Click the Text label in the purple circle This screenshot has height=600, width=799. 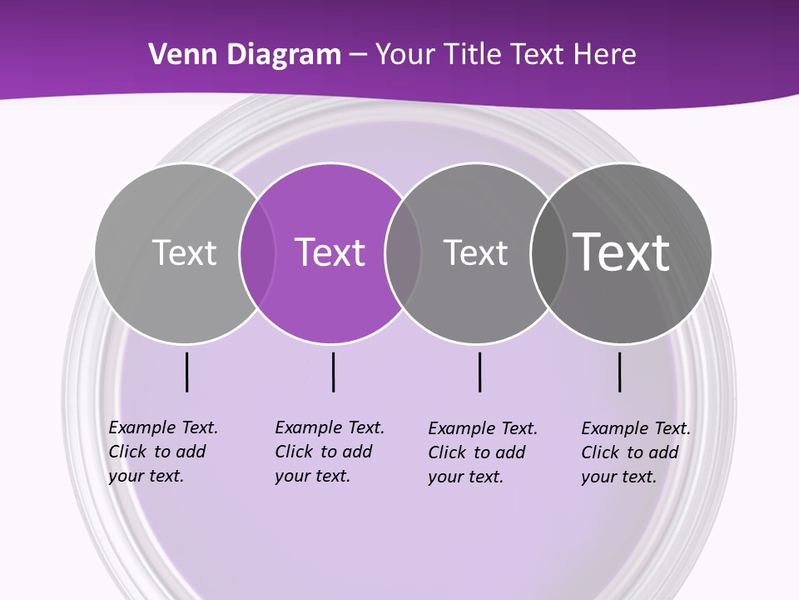pyautogui.click(x=330, y=252)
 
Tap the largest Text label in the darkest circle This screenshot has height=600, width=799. pyautogui.click(x=621, y=252)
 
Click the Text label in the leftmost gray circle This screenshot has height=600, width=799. pyautogui.click(x=184, y=252)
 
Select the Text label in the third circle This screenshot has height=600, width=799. pyautogui.click(x=475, y=252)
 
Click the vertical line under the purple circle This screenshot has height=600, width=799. pyautogui.click(x=333, y=372)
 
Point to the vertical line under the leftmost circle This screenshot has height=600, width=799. pyautogui.click(x=186, y=372)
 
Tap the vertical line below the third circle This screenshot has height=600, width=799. pyautogui.click(x=479, y=372)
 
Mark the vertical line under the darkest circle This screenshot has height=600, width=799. pyautogui.click(x=619, y=372)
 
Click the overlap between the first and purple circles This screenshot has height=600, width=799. pyautogui.click(x=257, y=253)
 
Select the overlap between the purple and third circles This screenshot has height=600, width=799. pyautogui.click(x=403, y=253)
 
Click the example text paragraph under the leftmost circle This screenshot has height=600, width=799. pyautogui.click(x=162, y=452)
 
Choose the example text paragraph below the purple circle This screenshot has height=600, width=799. pyautogui.click(x=329, y=452)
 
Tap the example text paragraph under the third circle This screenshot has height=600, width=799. pyautogui.click(x=482, y=452)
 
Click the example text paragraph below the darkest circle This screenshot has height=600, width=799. pyautogui.click(x=635, y=452)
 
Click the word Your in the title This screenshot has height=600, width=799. pyautogui.click(x=405, y=55)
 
